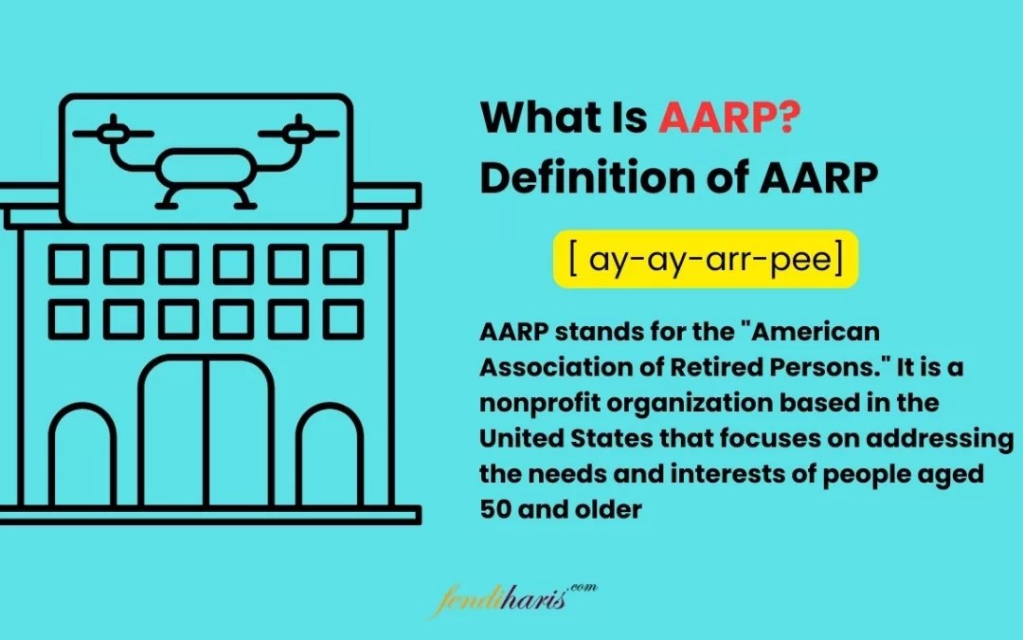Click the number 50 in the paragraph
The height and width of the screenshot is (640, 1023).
(494, 509)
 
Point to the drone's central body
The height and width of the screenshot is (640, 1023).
(206, 171)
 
